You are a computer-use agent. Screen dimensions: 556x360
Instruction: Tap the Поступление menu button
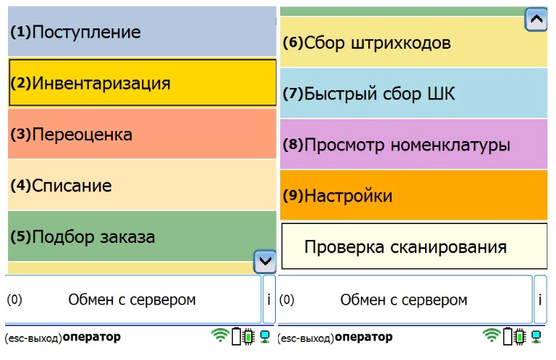point(142,31)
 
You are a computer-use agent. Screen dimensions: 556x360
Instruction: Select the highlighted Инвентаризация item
point(142,83)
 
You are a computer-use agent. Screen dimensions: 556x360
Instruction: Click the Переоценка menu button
point(142,134)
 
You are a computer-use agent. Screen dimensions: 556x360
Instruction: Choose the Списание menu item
point(142,185)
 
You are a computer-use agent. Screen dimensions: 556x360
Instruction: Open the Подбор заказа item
point(142,236)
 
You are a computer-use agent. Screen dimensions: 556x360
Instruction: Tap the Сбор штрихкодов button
point(413,42)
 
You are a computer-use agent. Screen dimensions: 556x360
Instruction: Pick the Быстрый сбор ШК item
point(413,94)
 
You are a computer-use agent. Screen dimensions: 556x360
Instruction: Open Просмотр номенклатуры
point(413,144)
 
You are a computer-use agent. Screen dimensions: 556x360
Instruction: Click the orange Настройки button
point(413,195)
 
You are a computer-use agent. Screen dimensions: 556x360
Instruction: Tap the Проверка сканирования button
point(414,247)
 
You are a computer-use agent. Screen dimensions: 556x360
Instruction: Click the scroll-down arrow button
point(265,262)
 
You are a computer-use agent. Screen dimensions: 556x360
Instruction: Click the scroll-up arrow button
point(536,19)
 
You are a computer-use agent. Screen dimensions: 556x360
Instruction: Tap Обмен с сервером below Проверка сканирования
point(405,300)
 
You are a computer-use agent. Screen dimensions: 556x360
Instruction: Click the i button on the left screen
point(269,300)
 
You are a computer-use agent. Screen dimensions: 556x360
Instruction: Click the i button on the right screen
point(540,300)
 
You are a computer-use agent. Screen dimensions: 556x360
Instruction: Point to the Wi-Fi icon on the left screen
point(220,335)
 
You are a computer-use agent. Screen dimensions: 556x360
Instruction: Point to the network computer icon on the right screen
point(536,337)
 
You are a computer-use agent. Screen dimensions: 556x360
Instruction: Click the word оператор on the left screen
point(92,337)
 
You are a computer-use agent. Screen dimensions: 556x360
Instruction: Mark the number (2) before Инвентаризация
point(21,83)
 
